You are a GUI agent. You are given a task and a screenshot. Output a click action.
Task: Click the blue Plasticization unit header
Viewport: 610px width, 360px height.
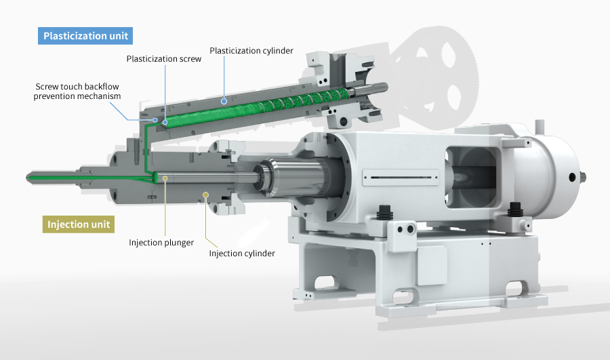click(85, 36)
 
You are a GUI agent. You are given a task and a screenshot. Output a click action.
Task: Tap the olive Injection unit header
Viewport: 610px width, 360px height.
click(79, 224)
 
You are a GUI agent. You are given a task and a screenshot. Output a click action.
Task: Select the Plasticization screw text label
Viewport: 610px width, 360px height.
click(164, 59)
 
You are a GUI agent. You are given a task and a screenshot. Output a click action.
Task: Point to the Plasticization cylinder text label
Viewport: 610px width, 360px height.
click(251, 51)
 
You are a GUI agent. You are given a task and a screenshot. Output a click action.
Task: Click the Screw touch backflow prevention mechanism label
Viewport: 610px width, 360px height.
click(77, 91)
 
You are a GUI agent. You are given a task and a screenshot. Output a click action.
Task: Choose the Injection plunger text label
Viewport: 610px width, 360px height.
click(161, 243)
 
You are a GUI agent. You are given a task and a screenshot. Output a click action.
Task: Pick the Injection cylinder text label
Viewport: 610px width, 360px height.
click(242, 254)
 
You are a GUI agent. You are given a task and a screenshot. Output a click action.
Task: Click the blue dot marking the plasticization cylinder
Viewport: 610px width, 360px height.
click(224, 102)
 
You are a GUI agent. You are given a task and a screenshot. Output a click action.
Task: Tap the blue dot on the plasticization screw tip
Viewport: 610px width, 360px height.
click(165, 122)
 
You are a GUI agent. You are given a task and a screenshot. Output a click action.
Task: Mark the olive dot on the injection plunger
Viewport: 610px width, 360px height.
click(165, 178)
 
